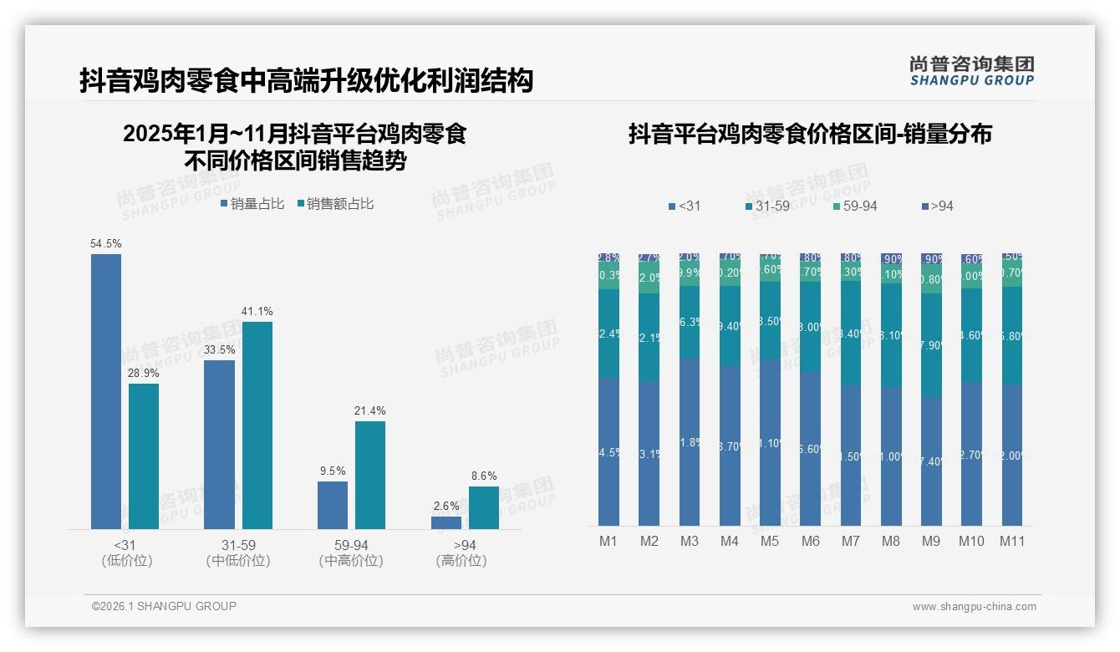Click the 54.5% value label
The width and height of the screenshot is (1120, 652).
click(106, 244)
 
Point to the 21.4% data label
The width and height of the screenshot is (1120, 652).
click(370, 411)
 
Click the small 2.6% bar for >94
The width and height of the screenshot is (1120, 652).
click(446, 522)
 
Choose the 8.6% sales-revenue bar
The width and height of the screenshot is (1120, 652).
click(484, 507)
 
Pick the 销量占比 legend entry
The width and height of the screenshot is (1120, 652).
click(252, 204)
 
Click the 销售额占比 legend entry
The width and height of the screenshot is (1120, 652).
click(335, 204)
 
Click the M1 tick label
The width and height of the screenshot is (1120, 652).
click(608, 541)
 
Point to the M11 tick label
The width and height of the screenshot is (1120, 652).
click(1012, 541)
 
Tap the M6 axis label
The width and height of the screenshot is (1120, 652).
click(810, 541)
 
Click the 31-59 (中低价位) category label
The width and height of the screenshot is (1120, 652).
click(238, 553)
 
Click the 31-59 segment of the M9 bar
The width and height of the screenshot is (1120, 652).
click(931, 344)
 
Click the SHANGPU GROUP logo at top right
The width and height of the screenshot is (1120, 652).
click(971, 70)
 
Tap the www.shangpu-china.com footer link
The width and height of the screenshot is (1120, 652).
click(974, 607)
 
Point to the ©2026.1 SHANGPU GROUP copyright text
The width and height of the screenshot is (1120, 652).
click(164, 606)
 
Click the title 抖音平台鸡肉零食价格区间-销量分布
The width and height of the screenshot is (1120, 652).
click(810, 135)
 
